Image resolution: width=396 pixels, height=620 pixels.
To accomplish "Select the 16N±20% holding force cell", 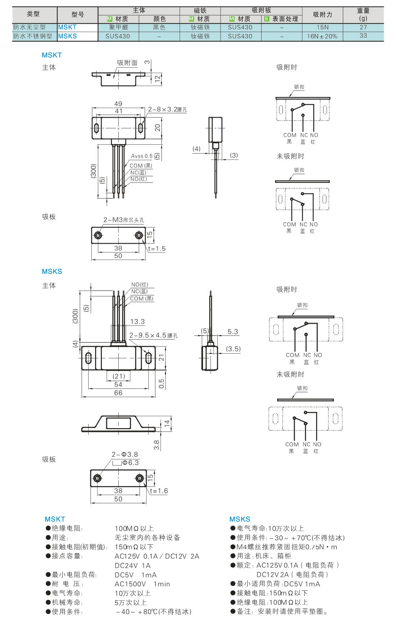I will (x=322, y=36).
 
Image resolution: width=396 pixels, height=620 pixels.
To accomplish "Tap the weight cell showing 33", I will (x=363, y=36).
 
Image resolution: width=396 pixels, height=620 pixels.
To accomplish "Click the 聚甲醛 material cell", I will (x=118, y=27).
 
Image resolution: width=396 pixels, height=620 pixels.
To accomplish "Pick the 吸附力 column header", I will (x=322, y=15).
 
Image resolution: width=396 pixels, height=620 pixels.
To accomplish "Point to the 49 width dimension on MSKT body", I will (x=118, y=104).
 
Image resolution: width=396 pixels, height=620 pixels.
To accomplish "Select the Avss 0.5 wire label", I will (x=142, y=156).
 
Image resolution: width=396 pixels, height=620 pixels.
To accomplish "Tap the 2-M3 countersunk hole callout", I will (x=124, y=220).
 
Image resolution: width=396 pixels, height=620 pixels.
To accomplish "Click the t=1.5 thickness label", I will (x=157, y=249).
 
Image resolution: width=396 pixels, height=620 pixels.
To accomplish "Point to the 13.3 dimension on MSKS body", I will (x=137, y=322).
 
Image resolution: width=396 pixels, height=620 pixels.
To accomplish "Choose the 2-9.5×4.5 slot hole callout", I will (x=153, y=336).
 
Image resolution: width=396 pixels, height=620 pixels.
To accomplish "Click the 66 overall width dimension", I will (x=118, y=393).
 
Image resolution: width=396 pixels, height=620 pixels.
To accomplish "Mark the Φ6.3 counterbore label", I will (x=130, y=463).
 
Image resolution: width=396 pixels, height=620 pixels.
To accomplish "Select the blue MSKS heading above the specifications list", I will (x=239, y=519).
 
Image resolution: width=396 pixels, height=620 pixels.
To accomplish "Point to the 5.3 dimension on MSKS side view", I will (x=233, y=332).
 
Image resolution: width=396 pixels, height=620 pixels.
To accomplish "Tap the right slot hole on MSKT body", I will (x=140, y=128).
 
